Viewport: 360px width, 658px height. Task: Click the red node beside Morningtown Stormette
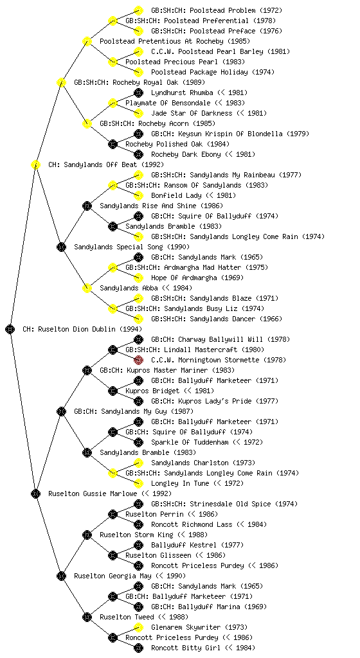coord(138,360)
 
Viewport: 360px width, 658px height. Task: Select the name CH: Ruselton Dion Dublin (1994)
coord(82,330)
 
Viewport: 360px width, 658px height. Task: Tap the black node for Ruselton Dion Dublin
coord(10,330)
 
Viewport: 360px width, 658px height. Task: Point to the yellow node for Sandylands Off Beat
coord(35,165)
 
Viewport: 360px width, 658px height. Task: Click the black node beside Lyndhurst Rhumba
coord(138,93)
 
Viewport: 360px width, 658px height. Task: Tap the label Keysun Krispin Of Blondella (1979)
coord(246,134)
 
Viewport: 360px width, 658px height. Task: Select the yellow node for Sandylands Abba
coord(87,289)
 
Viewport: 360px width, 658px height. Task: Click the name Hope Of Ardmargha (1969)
coord(197,278)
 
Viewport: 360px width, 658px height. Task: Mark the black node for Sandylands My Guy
coord(61,412)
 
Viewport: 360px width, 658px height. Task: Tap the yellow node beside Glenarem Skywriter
coord(138,627)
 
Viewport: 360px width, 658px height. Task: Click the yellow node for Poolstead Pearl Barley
coord(138,51)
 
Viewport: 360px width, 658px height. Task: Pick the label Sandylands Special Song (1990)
coord(132,247)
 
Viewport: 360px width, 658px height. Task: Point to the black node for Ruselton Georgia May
coord(61,576)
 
